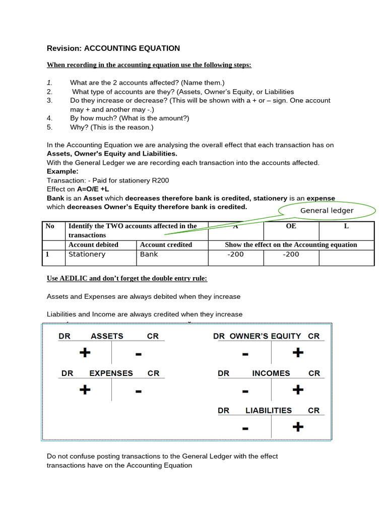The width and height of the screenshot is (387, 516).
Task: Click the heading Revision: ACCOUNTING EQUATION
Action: pyautogui.click(x=113, y=48)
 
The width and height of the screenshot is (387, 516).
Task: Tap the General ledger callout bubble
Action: pyautogui.click(x=327, y=211)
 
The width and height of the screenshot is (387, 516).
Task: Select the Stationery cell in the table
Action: pyautogui.click(x=87, y=254)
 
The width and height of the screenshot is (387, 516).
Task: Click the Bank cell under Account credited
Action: pyautogui.click(x=149, y=254)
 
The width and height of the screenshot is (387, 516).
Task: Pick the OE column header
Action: pyautogui.click(x=291, y=226)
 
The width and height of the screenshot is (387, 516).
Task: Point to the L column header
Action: pyautogui.click(x=346, y=226)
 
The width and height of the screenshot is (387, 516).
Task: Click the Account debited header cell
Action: pyautogui.click(x=93, y=244)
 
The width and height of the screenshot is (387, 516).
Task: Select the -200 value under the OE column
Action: pyautogui.click(x=291, y=254)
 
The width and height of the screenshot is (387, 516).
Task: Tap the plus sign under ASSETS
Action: pyautogui.click(x=85, y=353)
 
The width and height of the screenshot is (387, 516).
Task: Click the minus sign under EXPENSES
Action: pyautogui.click(x=138, y=391)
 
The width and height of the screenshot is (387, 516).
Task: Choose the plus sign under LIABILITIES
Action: pyautogui.click(x=298, y=427)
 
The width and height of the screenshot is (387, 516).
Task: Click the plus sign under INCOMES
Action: pyautogui.click(x=298, y=390)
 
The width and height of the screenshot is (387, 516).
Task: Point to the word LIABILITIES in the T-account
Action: pyautogui.click(x=268, y=410)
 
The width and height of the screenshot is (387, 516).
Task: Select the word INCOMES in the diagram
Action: pyautogui.click(x=271, y=373)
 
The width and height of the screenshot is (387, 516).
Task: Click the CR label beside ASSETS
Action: pyautogui.click(x=153, y=336)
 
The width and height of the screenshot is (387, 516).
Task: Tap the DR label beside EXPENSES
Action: pyautogui.click(x=68, y=373)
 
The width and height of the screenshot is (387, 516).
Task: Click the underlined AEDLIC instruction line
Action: pyautogui.click(x=127, y=278)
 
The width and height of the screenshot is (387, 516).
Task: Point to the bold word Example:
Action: pyautogui.click(x=62, y=171)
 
